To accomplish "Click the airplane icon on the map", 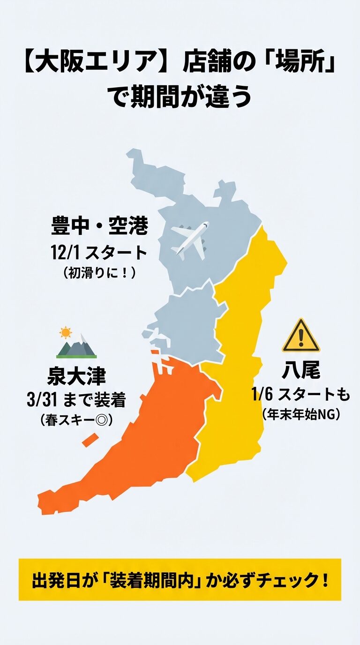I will (190, 240).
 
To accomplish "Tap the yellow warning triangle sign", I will (300, 337).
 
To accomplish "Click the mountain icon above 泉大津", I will (77, 347).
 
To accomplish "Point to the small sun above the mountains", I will (66, 332).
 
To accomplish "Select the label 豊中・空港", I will (99, 227).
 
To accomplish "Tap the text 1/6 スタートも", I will (300, 395).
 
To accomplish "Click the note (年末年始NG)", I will (300, 415).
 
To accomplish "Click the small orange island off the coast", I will (90, 440).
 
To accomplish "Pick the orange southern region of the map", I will (141, 445).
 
